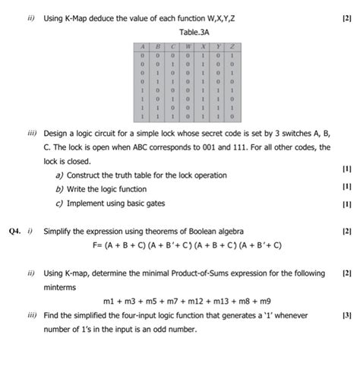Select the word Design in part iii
coord(58,132)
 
